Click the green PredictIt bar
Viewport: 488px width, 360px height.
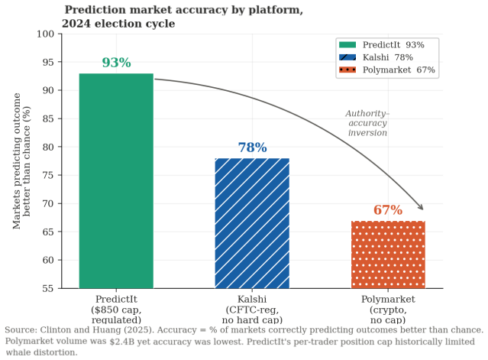[116, 181]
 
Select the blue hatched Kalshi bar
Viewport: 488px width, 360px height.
[252, 223]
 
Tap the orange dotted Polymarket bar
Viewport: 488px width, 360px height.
[388, 255]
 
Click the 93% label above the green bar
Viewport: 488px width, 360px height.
[116, 63]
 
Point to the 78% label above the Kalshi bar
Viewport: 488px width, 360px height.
[253, 148]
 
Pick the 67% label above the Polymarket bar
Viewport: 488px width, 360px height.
[388, 210]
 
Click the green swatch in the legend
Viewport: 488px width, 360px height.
[347, 45]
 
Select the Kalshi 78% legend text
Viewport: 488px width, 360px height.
[388, 57]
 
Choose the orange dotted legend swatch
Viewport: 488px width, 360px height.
[347, 70]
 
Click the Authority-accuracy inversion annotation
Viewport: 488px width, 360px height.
[367, 123]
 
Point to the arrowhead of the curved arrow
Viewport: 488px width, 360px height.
[421, 207]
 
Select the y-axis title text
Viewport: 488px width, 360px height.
[22, 161]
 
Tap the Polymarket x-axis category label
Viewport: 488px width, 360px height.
[388, 310]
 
